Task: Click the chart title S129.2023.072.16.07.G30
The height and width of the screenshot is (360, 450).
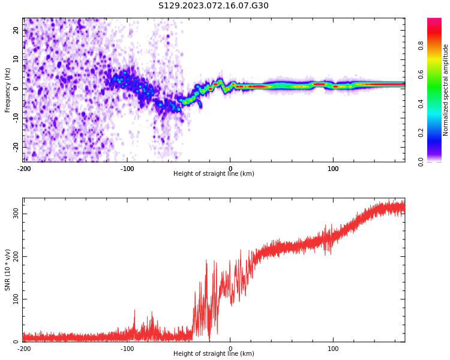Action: coord(214,6)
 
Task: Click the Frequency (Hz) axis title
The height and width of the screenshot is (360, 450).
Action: coord(8,90)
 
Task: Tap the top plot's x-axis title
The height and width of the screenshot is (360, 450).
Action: coord(214,174)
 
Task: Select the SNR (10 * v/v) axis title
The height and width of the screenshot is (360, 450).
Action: coord(8,270)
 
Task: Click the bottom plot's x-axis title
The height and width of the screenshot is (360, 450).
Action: coord(214,354)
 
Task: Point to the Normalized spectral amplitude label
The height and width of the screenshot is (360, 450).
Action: coord(446,90)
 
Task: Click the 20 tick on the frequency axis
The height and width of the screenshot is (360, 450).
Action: coord(16,30)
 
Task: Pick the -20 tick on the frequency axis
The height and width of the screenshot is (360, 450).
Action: coord(16,146)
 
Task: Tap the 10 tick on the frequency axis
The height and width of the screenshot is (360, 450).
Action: coord(16,59)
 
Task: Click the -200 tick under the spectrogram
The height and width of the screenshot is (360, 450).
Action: coord(24,169)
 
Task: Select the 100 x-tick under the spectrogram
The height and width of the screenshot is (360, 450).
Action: coord(333,169)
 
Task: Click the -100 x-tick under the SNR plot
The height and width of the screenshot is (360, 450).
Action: coord(127,349)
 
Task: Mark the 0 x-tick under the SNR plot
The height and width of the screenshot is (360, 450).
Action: coord(230,349)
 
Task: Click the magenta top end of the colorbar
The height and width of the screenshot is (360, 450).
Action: coord(434,20)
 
